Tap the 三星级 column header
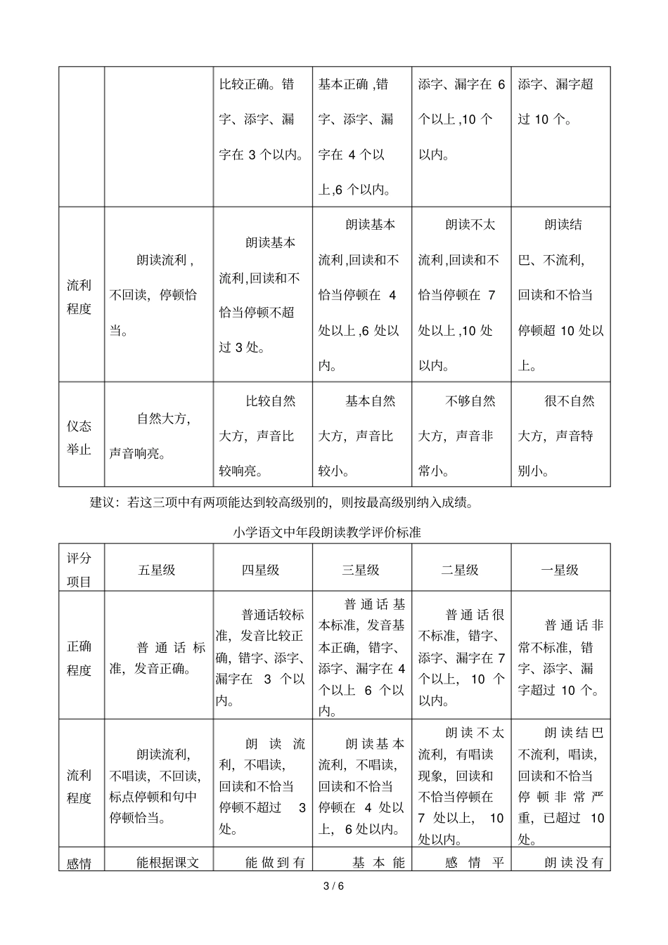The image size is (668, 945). [361, 570]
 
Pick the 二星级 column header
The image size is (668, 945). [460, 570]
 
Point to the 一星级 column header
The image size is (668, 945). [560, 570]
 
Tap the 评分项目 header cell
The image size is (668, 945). [79, 570]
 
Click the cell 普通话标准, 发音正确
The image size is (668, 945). [158, 658]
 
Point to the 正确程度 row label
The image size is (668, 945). [79, 658]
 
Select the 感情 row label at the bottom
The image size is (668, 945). [79, 862]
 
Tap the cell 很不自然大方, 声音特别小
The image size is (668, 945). [560, 436]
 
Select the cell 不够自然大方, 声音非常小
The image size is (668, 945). [460, 436]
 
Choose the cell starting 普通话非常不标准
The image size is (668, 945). [560, 658]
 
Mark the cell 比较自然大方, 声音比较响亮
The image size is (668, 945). [262, 436]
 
